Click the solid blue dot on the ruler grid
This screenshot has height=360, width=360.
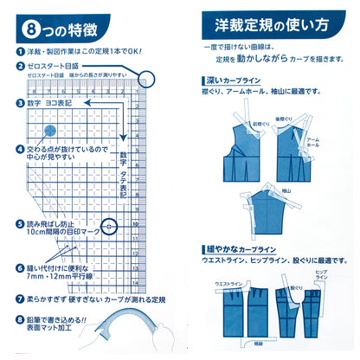pos(50,131)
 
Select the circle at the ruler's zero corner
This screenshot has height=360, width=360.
pos(147,80)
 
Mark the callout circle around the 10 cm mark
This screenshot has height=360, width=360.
pos(109,229)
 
